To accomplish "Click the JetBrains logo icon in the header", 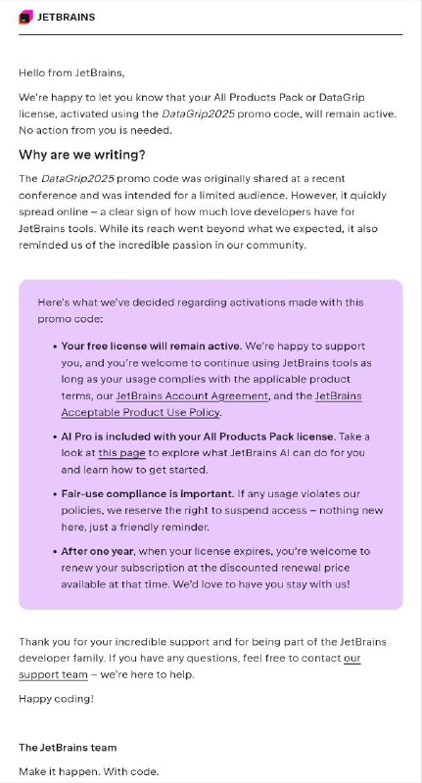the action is point(26,16).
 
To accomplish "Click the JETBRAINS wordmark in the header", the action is point(67,17).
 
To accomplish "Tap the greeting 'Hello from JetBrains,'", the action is point(71,71).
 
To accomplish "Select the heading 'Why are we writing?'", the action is point(81,155).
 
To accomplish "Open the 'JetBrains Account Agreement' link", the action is point(191,395).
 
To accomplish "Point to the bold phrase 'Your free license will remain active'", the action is point(151,346).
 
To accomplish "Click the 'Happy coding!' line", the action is point(56,700).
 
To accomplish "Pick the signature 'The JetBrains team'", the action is point(68,748).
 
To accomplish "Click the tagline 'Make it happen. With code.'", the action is point(88,771).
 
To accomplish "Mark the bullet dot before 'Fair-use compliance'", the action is point(53,495).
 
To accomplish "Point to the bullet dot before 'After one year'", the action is point(53,552).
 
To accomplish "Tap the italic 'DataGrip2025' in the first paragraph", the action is point(195,114).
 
